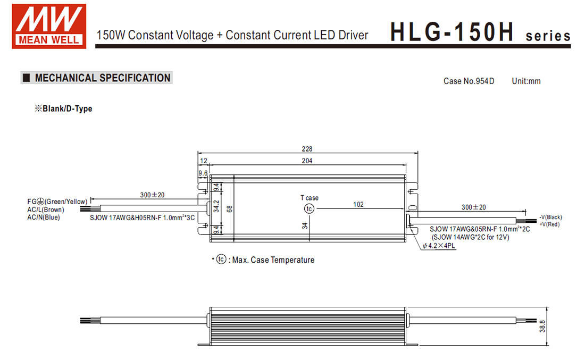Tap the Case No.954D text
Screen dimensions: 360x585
point(469,81)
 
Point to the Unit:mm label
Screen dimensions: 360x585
point(526,81)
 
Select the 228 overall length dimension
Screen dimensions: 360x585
point(307,149)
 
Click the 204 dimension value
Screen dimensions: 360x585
point(307,161)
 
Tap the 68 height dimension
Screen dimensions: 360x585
point(230,208)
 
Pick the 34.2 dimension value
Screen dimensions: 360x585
point(216,206)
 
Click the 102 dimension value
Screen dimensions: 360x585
point(358,204)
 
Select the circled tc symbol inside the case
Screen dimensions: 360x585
point(310,209)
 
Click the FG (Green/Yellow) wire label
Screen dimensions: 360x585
point(57,202)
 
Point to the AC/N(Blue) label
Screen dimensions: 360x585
point(44,217)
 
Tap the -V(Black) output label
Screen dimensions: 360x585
point(550,217)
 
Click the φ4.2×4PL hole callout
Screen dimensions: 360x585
point(440,246)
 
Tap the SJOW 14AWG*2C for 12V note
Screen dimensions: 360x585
point(470,237)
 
